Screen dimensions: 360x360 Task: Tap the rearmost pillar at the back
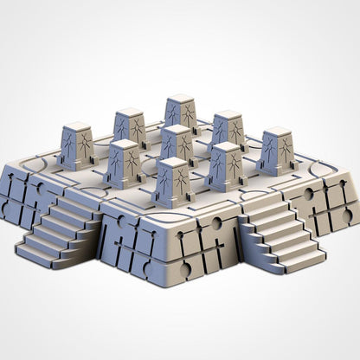tap(181, 114)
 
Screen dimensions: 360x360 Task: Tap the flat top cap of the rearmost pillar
tap(181, 99)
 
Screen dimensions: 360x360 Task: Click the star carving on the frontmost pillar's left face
tap(164, 184)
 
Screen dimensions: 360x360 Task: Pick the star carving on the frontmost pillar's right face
tap(182, 184)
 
